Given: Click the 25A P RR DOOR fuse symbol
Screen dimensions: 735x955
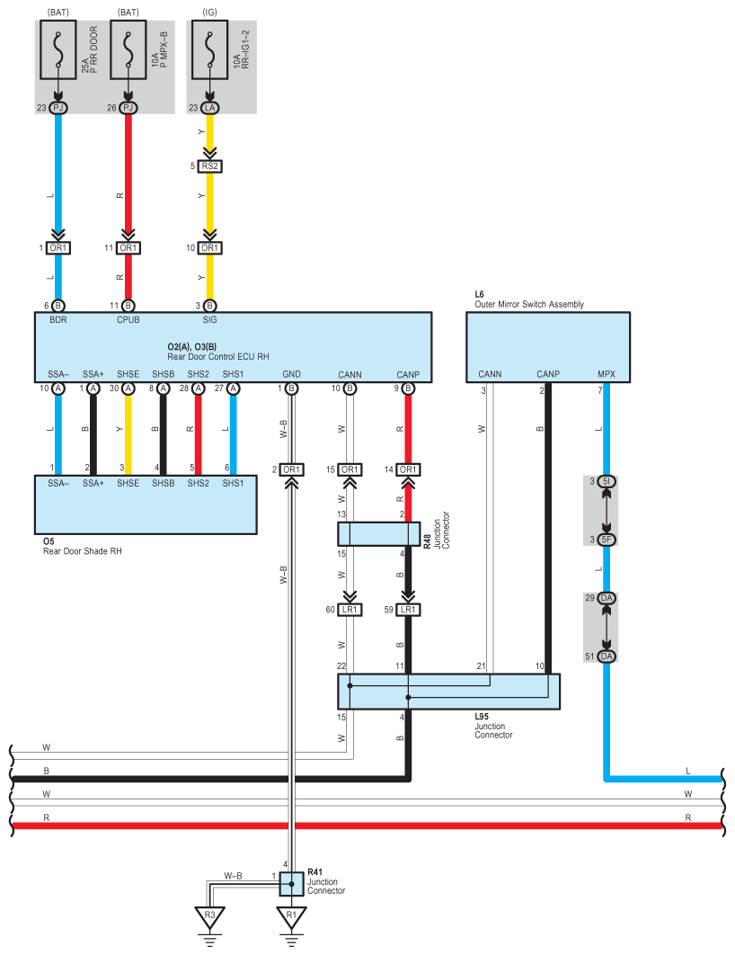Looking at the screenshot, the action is pos(58,50).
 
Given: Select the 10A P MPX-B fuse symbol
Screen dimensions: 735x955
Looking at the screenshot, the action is pos(128,50).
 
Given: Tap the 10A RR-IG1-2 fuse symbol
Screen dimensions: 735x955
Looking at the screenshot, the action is pos(210,50).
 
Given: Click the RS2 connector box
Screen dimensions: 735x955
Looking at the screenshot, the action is pos(210,165).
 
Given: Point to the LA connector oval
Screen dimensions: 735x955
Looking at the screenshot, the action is pos(210,108).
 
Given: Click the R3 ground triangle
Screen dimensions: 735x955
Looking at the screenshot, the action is pos(210,916).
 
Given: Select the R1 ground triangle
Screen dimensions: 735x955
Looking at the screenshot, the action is pos(291,916).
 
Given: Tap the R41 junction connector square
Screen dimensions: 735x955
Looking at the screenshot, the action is pos(291,884).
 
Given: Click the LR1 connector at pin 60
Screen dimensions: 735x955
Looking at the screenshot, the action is pos(350,610).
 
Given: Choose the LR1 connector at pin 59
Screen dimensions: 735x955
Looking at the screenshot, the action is pos(408,610).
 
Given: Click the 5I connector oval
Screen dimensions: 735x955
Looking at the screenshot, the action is pos(607,482).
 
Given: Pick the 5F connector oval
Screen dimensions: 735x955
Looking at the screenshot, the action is pos(607,540).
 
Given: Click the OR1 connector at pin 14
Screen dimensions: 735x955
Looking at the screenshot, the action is pos(408,469).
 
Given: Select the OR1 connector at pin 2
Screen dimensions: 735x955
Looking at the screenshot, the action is pos(291,469).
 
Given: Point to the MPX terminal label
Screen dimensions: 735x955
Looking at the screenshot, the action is pos(607,374).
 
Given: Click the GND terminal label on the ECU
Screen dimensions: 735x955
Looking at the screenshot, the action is pos(291,374).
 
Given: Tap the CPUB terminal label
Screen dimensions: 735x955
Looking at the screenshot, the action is pos(128,320).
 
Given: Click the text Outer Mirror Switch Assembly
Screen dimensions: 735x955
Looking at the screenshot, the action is pos(529,304).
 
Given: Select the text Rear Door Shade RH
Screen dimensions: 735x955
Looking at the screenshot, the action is pos(82,551).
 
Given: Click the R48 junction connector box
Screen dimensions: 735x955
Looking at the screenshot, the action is pos(379,534).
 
